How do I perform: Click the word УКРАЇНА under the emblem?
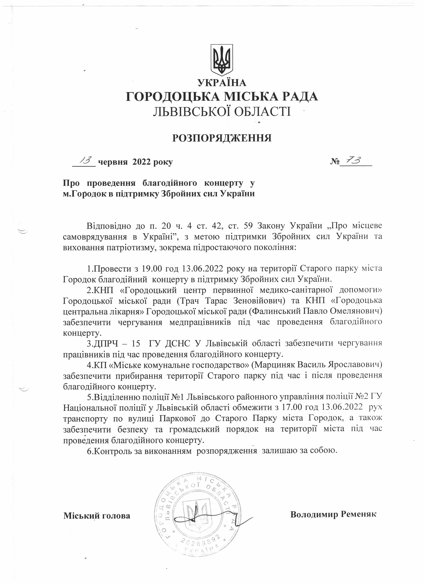[x=222, y=83]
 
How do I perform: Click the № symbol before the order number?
[x=335, y=162]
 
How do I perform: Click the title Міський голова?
[x=97, y=516]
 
